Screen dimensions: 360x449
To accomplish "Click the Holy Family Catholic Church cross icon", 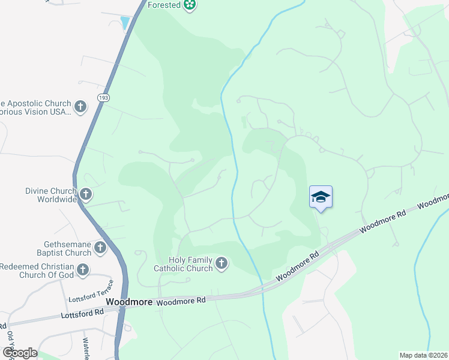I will (x=221, y=263).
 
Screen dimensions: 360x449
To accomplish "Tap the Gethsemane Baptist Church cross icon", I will (x=100, y=247).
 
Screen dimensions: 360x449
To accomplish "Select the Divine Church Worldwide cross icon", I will (x=86, y=194).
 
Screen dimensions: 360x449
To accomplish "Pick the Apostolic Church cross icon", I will (x=80, y=107).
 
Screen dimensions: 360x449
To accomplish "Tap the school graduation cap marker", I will (x=321, y=196).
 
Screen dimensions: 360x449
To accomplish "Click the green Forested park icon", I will (x=190, y=5).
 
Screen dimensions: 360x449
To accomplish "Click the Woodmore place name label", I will (x=128, y=302).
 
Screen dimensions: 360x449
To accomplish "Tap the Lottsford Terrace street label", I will (x=91, y=291).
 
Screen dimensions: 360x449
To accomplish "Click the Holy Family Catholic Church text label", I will (x=182, y=264).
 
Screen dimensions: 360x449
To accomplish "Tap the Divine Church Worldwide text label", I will (x=51, y=195).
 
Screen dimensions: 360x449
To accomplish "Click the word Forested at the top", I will (x=164, y=5).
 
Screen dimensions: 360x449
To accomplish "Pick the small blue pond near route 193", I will (x=125, y=23).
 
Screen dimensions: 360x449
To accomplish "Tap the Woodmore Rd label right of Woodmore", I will (x=181, y=301).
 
